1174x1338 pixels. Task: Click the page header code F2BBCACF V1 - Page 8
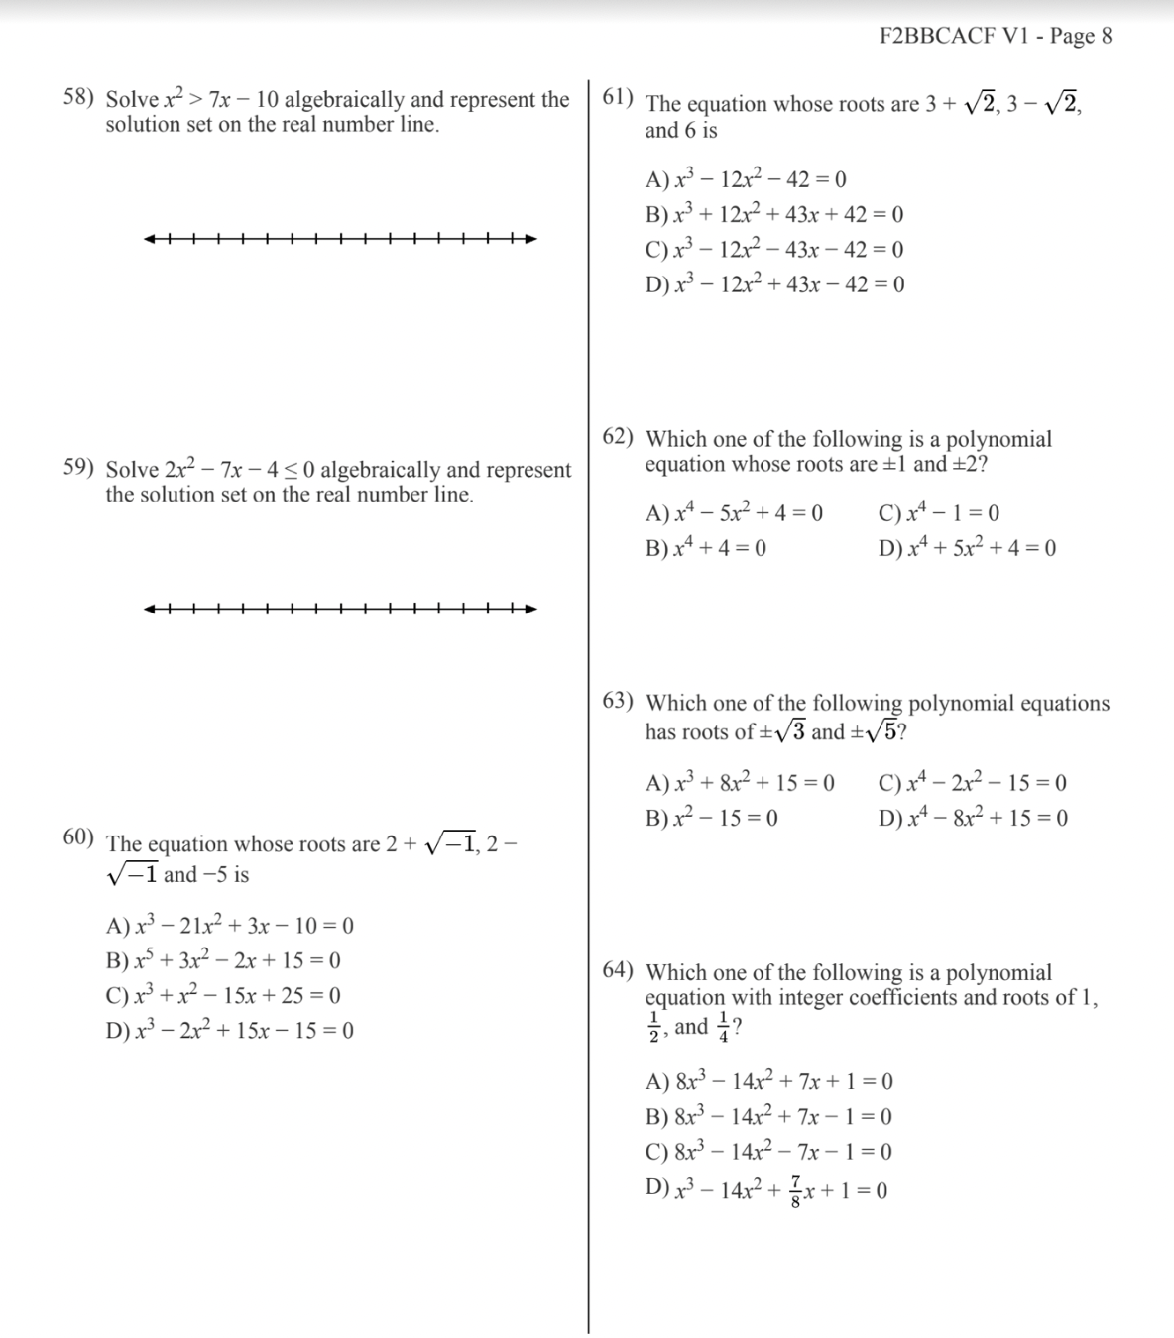click(995, 37)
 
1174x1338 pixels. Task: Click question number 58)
click(78, 98)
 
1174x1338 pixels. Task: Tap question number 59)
click(78, 468)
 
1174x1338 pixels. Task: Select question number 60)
click(78, 837)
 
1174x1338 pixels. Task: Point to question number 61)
click(620, 97)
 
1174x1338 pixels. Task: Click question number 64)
click(619, 971)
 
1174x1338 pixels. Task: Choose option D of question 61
click(774, 284)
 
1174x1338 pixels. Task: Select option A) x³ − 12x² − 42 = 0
click(746, 179)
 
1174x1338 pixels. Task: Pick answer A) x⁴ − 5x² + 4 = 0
click(734, 513)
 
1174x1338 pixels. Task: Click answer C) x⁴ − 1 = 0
click(938, 513)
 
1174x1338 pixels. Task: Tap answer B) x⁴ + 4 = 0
click(705, 548)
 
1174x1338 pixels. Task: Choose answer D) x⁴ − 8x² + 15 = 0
click(972, 818)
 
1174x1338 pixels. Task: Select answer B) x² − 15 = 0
click(711, 818)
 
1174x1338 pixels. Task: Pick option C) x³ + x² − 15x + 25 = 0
click(223, 995)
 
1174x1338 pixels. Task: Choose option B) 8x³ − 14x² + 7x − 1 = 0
click(768, 1117)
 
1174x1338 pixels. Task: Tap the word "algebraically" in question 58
click(344, 100)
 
